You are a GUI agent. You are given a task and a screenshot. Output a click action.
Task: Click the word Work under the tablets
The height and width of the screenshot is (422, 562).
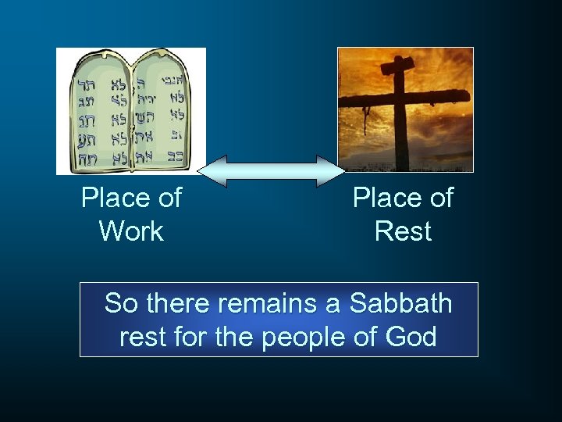click(131, 231)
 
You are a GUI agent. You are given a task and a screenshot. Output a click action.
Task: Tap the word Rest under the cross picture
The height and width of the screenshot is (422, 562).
click(403, 231)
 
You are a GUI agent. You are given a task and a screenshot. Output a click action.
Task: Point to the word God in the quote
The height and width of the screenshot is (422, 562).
click(411, 337)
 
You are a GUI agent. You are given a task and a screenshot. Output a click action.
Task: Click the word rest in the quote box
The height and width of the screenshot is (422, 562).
click(141, 338)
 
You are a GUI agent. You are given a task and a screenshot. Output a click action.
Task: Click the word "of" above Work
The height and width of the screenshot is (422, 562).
click(168, 198)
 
